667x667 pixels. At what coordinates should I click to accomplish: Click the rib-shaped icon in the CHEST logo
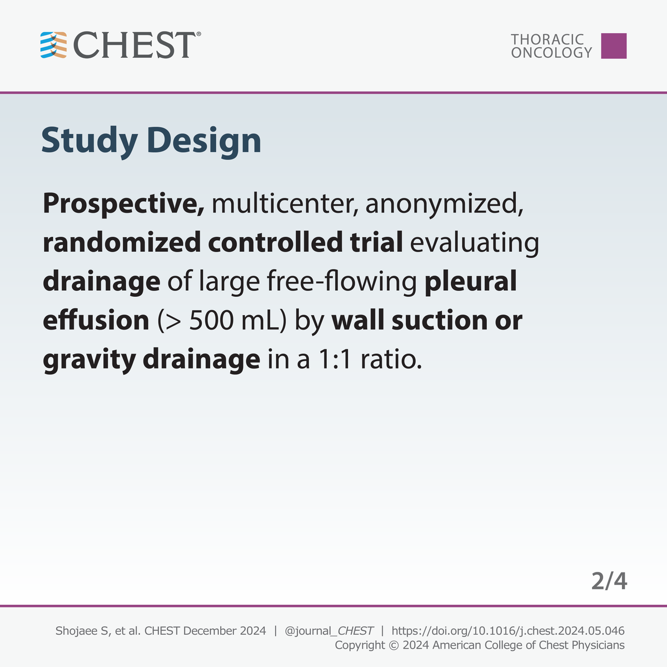(53, 46)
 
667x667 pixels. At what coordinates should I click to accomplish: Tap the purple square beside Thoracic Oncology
(614, 46)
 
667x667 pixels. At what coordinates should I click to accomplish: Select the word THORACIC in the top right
(547, 39)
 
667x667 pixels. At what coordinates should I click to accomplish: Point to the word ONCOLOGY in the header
(551, 53)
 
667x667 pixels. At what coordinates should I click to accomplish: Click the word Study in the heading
(89, 141)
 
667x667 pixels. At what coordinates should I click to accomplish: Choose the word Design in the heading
(204, 142)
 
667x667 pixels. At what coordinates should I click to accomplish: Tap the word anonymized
(444, 205)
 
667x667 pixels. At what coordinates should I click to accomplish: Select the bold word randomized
(121, 243)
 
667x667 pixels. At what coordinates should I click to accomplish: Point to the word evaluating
(475, 243)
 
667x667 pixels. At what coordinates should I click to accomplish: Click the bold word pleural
(470, 282)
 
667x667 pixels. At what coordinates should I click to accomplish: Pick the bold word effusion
(96, 321)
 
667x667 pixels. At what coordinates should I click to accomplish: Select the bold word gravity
(89, 360)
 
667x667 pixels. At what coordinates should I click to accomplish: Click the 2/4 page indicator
(609, 581)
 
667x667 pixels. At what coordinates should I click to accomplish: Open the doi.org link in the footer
(507, 631)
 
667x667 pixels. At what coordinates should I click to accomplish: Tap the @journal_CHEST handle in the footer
(328, 631)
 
